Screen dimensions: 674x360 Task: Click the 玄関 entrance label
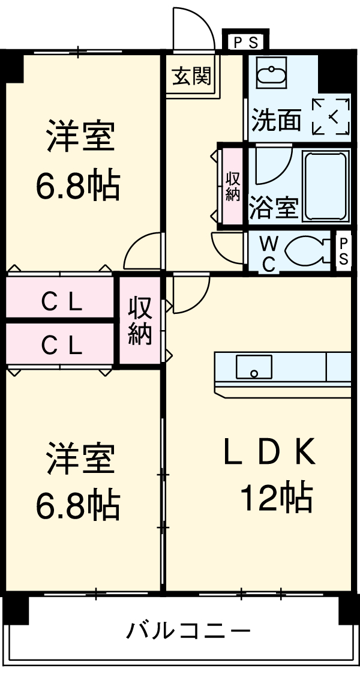pyautogui.click(x=192, y=77)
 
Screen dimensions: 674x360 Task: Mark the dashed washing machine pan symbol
pyautogui.click(x=330, y=116)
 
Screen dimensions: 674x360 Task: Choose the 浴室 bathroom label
pyautogui.click(x=273, y=208)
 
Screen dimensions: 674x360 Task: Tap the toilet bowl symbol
pyautogui.click(x=307, y=251)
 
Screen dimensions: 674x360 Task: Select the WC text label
pyautogui.click(x=269, y=253)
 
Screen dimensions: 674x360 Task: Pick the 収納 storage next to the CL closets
pyautogui.click(x=140, y=320)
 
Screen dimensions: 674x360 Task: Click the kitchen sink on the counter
pyautogui.click(x=253, y=367)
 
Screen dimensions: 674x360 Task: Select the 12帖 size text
pyautogui.click(x=276, y=498)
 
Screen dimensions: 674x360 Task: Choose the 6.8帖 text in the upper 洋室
pyautogui.click(x=76, y=186)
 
